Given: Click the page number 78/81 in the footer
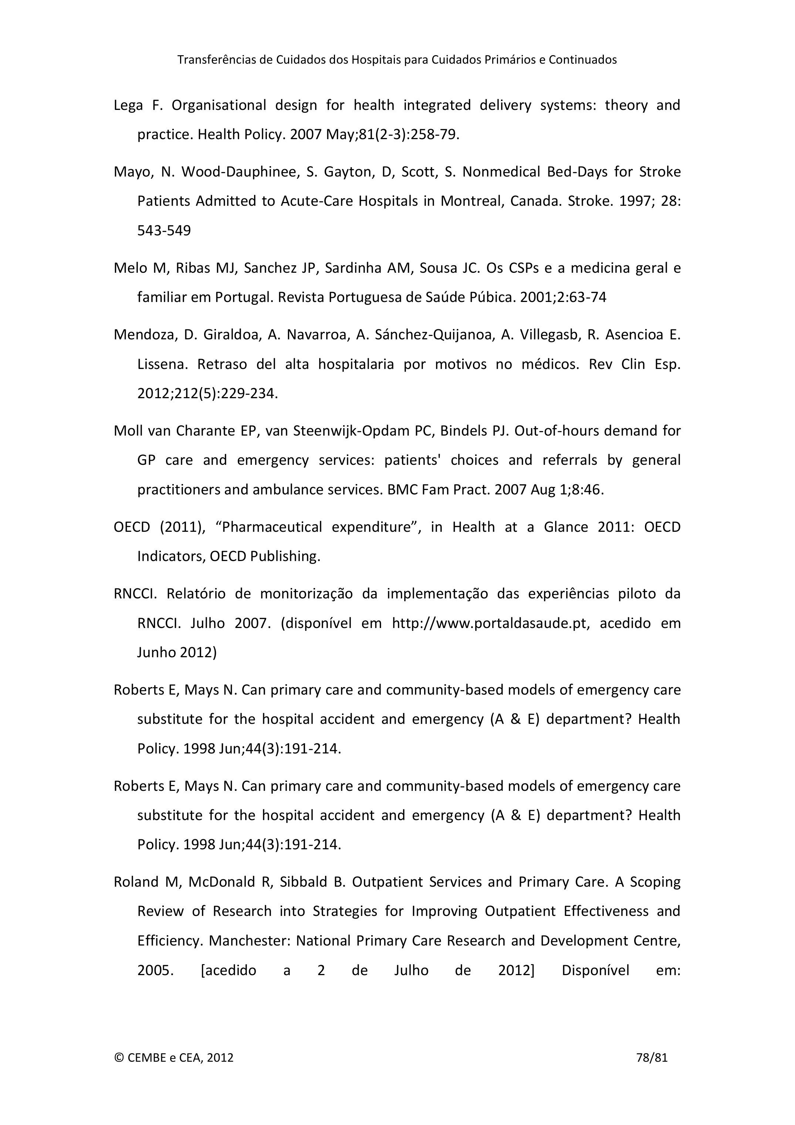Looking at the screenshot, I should pos(652,1057).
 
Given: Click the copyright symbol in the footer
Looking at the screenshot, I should pos(118,1057).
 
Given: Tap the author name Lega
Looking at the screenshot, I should pos(128,105).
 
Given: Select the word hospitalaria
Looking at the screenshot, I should pos(356,364).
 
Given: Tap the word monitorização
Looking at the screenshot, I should pos(306,594).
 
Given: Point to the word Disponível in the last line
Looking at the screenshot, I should pos(595,970).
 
